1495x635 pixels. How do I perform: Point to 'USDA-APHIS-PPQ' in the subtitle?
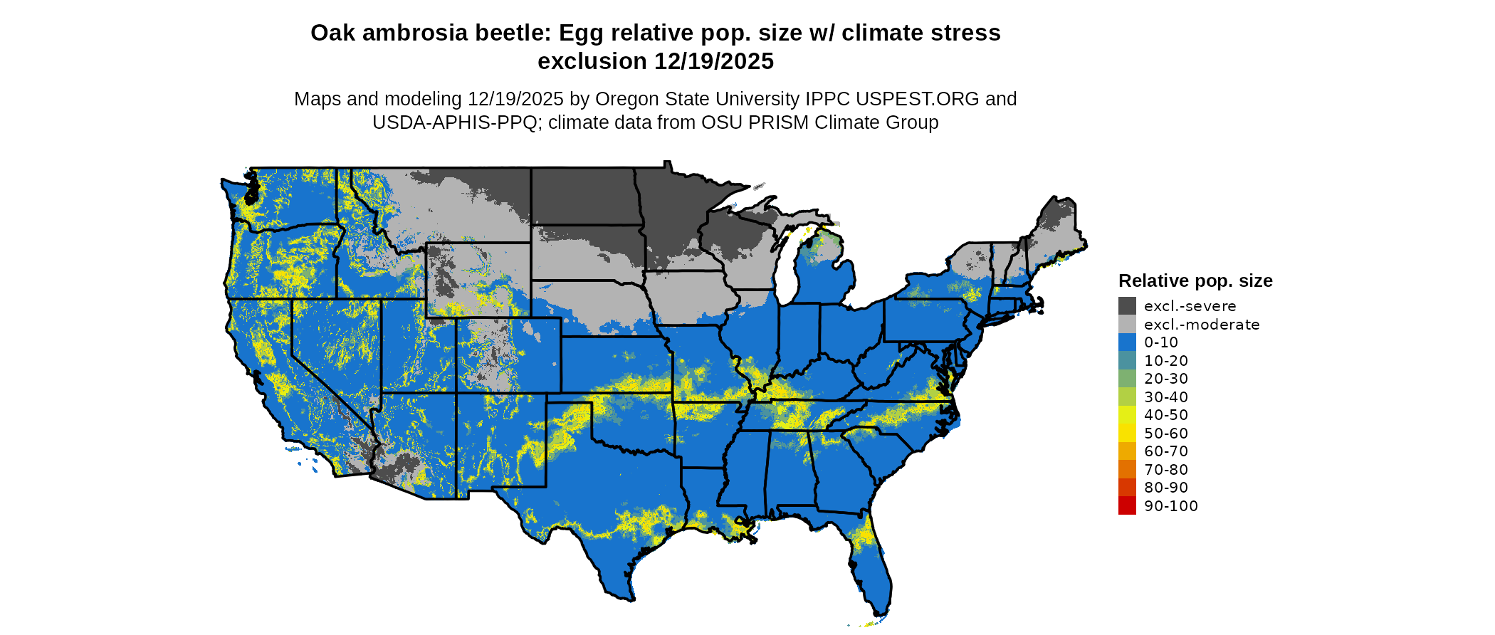(454, 122)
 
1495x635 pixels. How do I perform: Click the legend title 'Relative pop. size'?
(1195, 280)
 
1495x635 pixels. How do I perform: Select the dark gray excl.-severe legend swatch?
(1127, 306)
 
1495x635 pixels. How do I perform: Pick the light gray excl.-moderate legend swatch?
(1127, 325)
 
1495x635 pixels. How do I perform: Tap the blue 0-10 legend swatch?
(1127, 342)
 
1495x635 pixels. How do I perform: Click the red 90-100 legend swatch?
(1127, 506)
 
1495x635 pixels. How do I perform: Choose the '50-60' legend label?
(1166, 434)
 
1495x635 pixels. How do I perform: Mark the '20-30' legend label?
(1166, 379)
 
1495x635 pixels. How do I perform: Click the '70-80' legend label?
(1166, 470)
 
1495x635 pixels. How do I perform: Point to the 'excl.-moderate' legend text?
(1202, 325)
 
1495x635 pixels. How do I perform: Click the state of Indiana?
(799, 335)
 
